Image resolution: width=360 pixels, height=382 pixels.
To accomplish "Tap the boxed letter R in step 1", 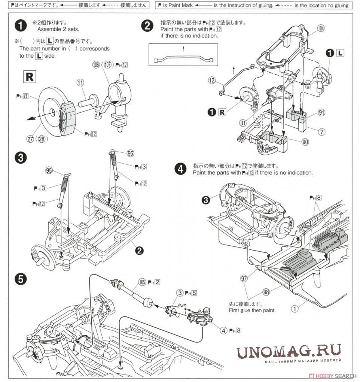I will coord(30,77).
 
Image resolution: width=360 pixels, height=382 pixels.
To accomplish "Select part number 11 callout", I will coord(80,83).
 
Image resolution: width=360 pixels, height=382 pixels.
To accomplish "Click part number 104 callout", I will coord(321,28).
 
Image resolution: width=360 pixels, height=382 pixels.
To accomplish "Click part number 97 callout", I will coord(244,278).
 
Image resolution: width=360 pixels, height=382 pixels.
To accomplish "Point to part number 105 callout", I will coord(142,282).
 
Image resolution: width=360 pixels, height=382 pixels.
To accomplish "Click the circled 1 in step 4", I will coord(295,309).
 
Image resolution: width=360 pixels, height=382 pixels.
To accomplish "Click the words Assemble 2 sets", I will coord(58,29).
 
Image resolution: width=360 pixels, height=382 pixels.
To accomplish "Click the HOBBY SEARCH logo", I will coord(334,376).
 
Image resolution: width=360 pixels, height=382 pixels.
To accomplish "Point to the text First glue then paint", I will coord(252,310).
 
